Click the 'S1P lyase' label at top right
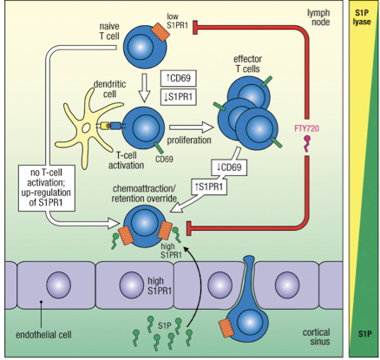tap(362, 17)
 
